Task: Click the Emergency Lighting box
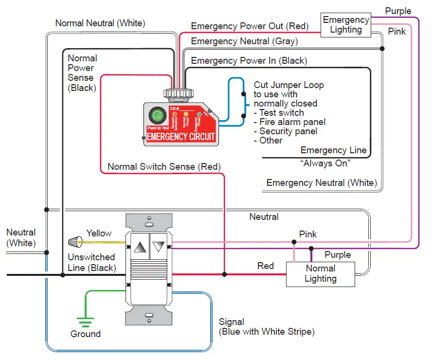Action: pos(346,25)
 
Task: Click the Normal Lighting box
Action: pos(320,274)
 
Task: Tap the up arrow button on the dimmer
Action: pos(140,247)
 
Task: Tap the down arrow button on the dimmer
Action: pos(159,247)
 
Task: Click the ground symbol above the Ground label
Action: pos(86,321)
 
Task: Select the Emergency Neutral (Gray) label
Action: pos(244,41)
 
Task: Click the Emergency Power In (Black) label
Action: pos(249,61)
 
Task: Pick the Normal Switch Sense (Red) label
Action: pos(164,166)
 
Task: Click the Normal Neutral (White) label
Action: pos(100,23)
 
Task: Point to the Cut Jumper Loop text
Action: pos(288,85)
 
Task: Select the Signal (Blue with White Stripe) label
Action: pos(267,327)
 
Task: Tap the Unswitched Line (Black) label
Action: pos(91,262)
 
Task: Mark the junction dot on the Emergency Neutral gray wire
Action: pos(382,49)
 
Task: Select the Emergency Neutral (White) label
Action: pos(322,183)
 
